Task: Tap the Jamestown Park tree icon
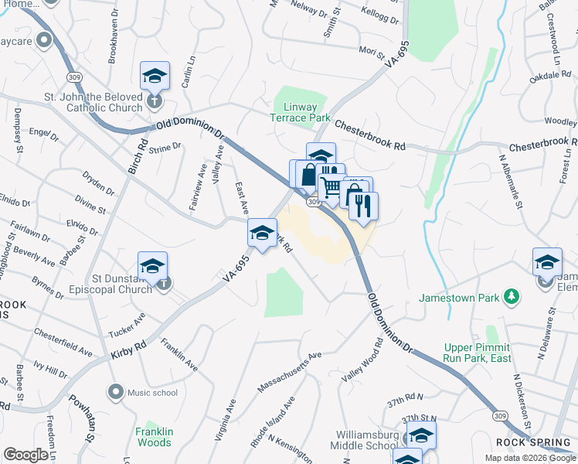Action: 510,297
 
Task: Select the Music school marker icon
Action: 116,392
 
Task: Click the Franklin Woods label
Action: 154,437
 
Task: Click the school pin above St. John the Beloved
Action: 155,77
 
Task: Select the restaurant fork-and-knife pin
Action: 363,206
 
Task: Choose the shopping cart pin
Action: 331,187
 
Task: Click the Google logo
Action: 26,454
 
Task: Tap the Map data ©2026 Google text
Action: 529,458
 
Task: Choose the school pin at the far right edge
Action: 547,262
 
